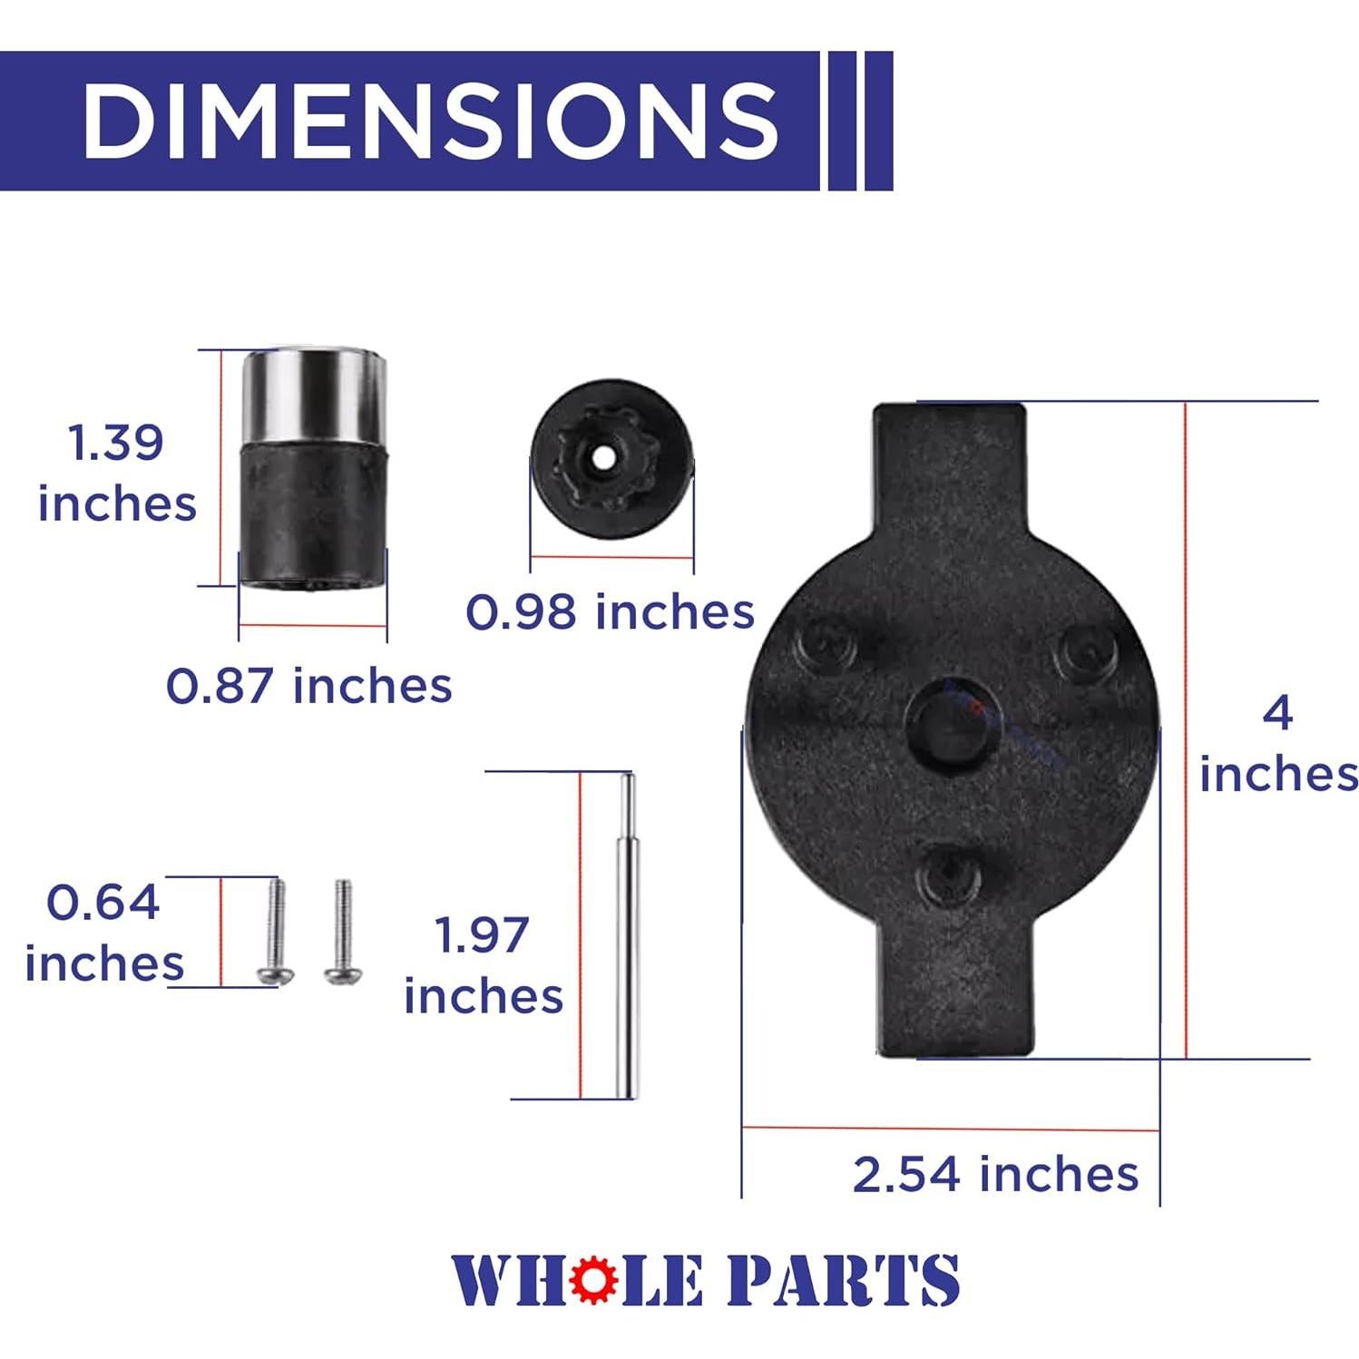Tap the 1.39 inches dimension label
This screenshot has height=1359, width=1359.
[x=116, y=473]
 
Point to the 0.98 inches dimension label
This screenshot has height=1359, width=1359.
[x=610, y=611]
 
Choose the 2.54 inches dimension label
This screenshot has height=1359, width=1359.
[x=995, y=1174]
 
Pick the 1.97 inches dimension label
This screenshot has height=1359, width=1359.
[x=483, y=965]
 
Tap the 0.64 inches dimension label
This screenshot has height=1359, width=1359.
[x=103, y=933]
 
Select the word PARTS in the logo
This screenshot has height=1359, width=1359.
[x=844, y=1280]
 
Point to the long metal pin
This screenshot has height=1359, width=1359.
[x=626, y=934]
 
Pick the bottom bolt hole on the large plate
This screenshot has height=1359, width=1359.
[x=948, y=877]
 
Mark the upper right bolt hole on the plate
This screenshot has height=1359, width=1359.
[x=1086, y=650]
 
